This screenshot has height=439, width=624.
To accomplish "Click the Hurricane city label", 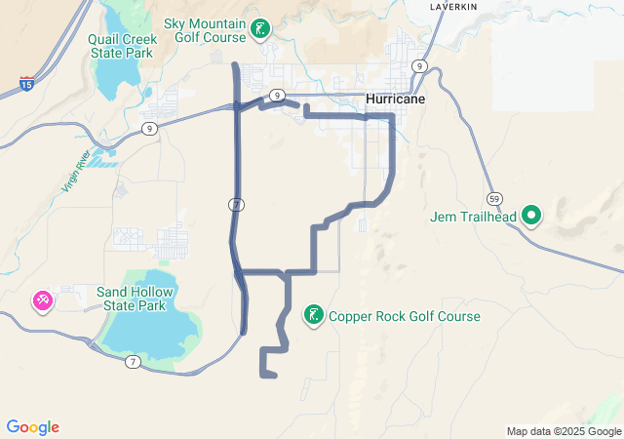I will tap(395, 100).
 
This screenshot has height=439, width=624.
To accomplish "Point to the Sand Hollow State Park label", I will tap(136, 299).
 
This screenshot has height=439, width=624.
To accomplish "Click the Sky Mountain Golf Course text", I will tap(206, 29).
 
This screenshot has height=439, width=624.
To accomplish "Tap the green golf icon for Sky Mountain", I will tap(259, 28).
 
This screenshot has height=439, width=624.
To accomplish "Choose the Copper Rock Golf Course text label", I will tap(404, 316).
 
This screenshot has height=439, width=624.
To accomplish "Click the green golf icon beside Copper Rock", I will tap(313, 315).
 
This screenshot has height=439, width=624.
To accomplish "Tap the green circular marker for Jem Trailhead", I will tap(531, 215).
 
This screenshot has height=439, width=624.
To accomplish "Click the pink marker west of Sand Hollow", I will tap(43, 300).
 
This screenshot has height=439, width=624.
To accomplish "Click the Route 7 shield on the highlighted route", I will tap(237, 204).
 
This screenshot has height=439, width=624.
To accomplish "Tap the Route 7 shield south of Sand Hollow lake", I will tap(134, 363).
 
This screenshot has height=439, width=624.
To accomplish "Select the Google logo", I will tap(33, 427).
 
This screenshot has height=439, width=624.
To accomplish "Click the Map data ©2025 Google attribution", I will tap(563, 431).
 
